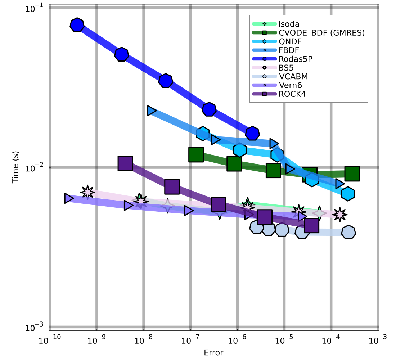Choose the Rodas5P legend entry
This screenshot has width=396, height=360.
click(x=295, y=59)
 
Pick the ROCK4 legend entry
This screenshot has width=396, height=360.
click(x=291, y=94)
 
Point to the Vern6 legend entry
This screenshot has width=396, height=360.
click(x=290, y=85)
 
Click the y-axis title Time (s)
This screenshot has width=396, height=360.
click(x=15, y=167)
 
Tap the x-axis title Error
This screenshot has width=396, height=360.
click(x=213, y=352)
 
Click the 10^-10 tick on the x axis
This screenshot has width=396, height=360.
click(x=50, y=340)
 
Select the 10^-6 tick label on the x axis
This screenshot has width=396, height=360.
click(x=237, y=340)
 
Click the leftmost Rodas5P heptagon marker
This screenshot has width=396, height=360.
click(x=77, y=25)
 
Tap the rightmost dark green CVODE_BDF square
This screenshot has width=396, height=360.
click(x=352, y=174)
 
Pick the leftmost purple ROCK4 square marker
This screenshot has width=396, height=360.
click(x=125, y=163)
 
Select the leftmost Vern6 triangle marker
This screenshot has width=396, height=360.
click(x=69, y=198)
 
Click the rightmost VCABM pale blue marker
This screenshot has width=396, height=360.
click(x=348, y=232)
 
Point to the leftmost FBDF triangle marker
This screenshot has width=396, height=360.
click(x=152, y=111)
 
